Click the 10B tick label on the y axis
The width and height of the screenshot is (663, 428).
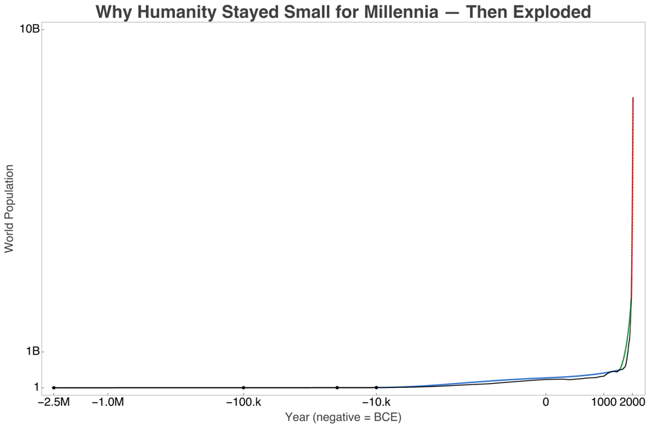click(29, 29)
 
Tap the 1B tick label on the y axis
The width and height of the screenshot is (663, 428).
click(32, 351)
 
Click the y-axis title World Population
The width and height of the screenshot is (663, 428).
click(10, 208)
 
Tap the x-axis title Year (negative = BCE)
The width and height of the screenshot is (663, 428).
click(343, 418)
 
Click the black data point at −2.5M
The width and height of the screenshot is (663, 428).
click(54, 388)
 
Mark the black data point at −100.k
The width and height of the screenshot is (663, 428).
click(243, 388)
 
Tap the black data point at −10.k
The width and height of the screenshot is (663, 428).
click(376, 388)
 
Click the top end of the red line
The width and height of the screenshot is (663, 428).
click(633, 98)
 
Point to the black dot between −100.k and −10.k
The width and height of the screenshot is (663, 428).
click(337, 388)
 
